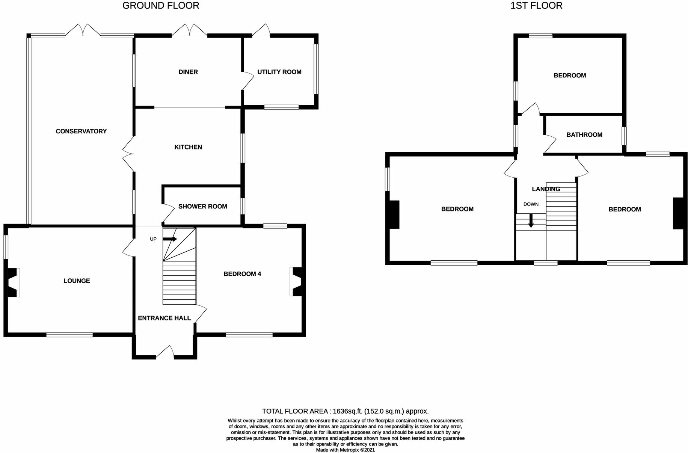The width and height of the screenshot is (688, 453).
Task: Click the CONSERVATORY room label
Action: click(x=81, y=131)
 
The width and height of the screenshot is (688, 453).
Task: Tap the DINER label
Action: click(x=188, y=72)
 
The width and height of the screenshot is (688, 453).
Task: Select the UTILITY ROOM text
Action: click(x=279, y=72)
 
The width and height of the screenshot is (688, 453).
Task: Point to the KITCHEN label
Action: click(x=188, y=147)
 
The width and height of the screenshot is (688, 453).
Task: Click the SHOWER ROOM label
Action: click(x=202, y=206)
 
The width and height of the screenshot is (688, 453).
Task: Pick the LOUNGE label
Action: click(x=77, y=281)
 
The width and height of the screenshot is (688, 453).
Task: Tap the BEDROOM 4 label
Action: click(x=242, y=274)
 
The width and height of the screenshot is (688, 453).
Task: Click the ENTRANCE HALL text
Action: click(x=164, y=318)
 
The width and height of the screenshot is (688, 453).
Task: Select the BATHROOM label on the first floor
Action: click(x=584, y=134)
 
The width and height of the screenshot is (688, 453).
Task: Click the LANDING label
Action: click(x=546, y=189)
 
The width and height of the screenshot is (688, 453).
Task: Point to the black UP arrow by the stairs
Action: click(x=170, y=239)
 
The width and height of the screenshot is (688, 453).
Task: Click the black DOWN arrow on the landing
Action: click(x=531, y=221)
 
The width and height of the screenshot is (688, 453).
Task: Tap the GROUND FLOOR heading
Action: click(x=161, y=6)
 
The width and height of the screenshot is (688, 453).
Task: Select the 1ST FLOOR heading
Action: click(x=536, y=6)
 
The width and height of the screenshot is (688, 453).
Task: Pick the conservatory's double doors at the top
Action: click(x=83, y=30)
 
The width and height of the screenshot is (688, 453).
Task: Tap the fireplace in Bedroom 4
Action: click(x=296, y=281)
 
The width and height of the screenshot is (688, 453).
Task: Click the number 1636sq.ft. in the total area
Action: click(x=346, y=411)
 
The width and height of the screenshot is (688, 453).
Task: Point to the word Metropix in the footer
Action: click(x=350, y=450)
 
